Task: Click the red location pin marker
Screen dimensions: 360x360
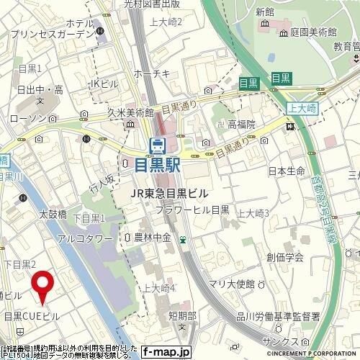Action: [42, 285]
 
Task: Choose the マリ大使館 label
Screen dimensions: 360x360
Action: [250, 283]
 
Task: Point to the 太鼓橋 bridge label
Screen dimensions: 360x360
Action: [53, 214]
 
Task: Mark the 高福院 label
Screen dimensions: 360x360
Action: [242, 125]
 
